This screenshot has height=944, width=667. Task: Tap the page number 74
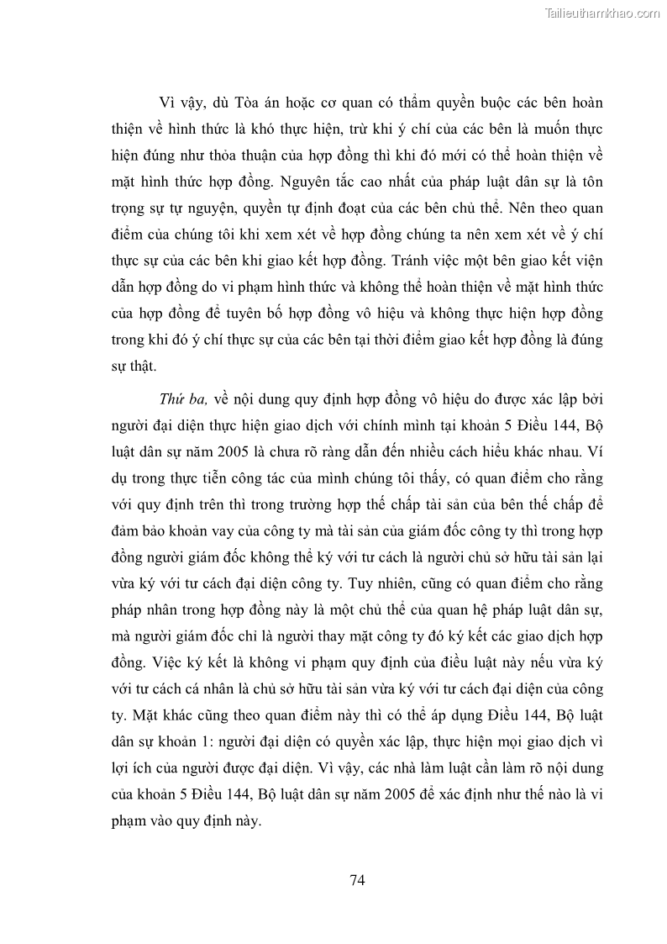coord(356,880)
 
